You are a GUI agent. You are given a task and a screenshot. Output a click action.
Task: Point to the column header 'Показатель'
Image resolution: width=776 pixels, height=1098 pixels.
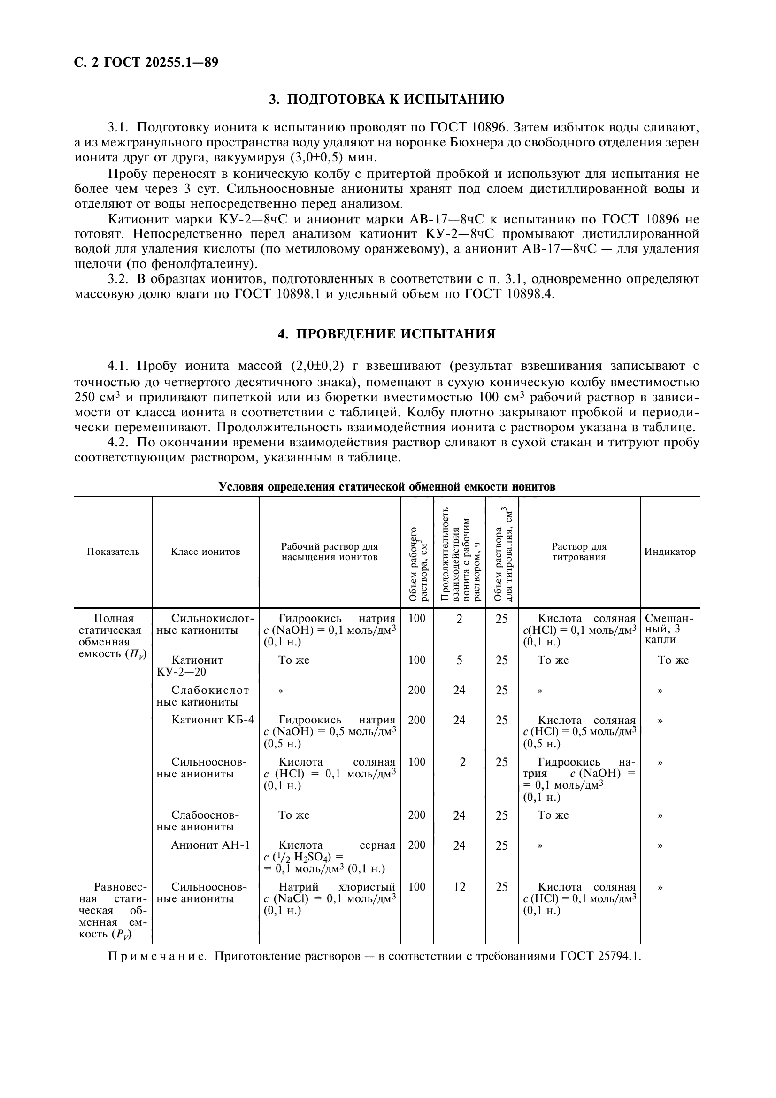(x=113, y=552)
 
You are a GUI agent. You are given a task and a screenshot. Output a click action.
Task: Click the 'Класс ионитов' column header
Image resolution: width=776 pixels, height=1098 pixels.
(x=206, y=552)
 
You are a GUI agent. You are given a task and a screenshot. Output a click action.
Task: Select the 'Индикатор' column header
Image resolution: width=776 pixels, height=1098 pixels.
(x=670, y=552)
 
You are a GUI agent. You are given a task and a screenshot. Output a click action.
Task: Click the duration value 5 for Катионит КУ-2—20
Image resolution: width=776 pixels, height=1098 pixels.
(x=459, y=660)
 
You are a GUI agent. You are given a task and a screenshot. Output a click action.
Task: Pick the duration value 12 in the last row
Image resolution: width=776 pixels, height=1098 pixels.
(x=459, y=887)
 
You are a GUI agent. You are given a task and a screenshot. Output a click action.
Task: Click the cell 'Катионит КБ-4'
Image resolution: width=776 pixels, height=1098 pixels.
(x=213, y=720)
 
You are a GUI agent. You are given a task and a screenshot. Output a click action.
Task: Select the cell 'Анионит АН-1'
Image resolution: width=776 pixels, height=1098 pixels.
(x=210, y=845)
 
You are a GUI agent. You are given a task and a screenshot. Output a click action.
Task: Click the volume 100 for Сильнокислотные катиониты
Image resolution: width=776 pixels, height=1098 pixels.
(x=417, y=618)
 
